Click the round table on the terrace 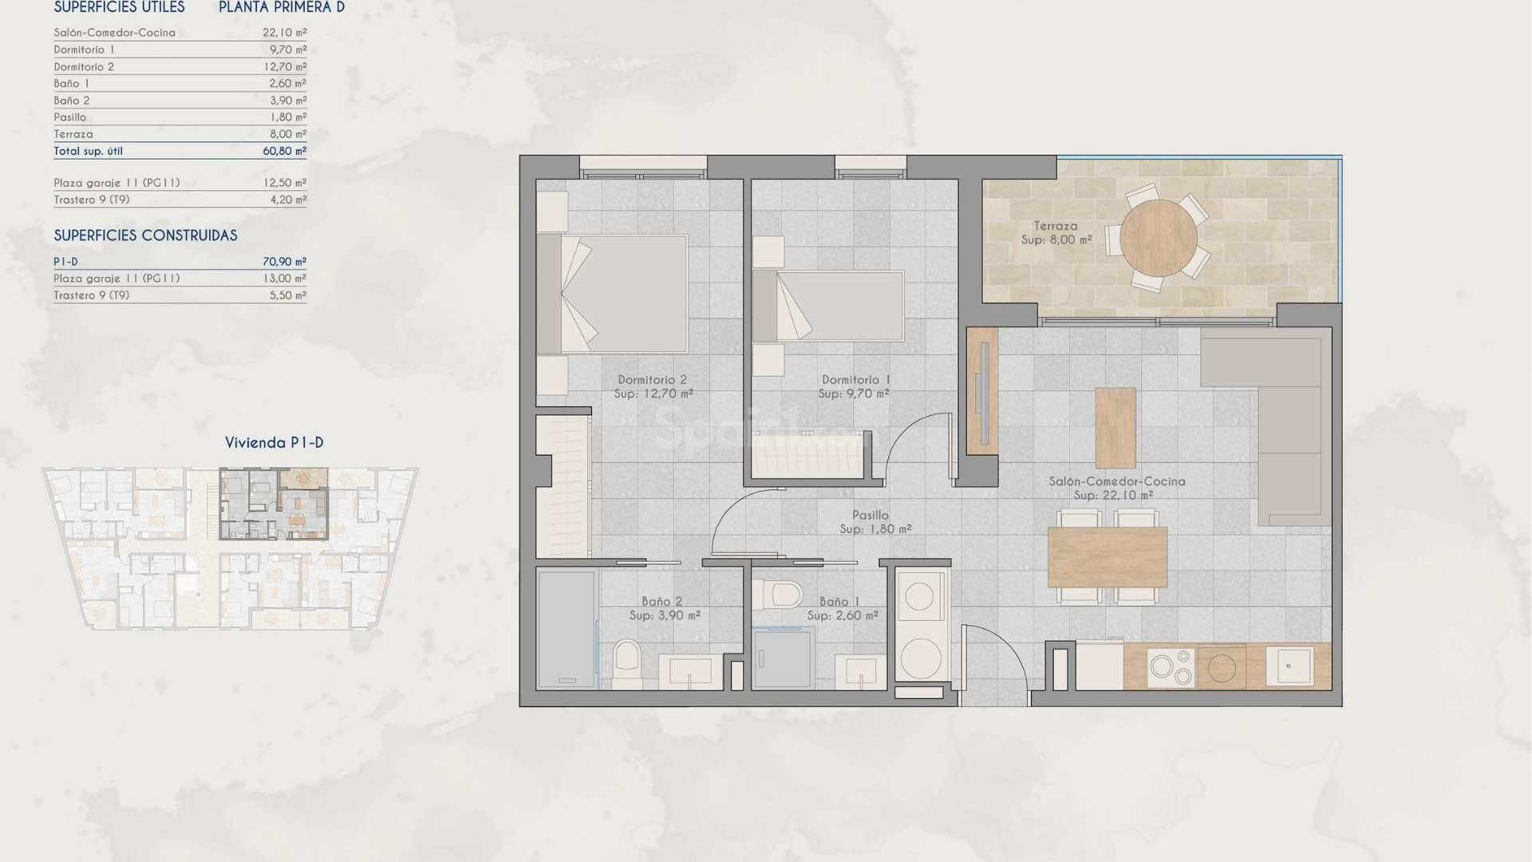pyautogui.click(x=1158, y=237)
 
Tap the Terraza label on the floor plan pyautogui.click(x=1056, y=226)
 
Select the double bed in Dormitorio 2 pyautogui.click(x=622, y=294)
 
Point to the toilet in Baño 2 pyautogui.click(x=627, y=664)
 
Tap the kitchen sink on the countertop pyautogui.click(x=1289, y=666)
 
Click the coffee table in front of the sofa pyautogui.click(x=1115, y=427)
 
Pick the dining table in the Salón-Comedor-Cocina pyautogui.click(x=1108, y=556)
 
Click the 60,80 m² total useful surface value pyautogui.click(x=284, y=151)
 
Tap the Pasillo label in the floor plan pyautogui.click(x=870, y=515)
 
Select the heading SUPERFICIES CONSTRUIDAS pyautogui.click(x=145, y=235)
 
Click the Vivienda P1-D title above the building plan pyautogui.click(x=274, y=442)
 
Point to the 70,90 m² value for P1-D pyautogui.click(x=284, y=262)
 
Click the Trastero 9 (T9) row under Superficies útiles pyautogui.click(x=92, y=200)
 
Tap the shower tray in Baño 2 pyautogui.click(x=566, y=628)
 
